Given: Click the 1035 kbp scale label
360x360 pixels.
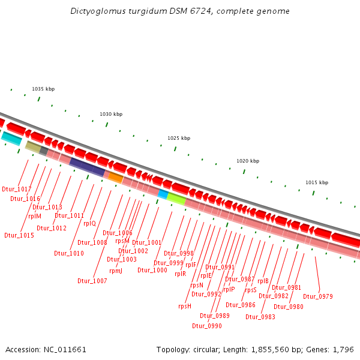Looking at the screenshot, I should pos(43,89).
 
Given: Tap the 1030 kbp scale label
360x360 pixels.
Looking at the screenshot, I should pos(111,114).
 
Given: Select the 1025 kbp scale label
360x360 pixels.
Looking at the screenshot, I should pos(179,138).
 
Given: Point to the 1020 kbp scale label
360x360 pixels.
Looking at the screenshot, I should pos(248,161).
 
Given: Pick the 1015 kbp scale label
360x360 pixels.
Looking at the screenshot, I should pos(317,182).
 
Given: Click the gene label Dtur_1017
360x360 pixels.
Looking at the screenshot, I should pos(17,189).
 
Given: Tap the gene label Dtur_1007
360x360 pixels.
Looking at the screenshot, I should pos(92,281).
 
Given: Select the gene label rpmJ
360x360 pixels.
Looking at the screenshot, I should pos(116,271).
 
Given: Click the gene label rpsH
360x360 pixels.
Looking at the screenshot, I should pos(185,306).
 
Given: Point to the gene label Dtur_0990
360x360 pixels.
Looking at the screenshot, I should pos(207,326).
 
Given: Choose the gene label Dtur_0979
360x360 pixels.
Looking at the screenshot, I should pos(318,296).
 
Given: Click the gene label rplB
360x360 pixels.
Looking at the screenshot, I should pos(263,281).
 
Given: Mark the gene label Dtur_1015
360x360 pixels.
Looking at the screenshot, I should pos(19,235).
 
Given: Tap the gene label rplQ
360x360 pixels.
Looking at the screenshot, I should pos(89,223).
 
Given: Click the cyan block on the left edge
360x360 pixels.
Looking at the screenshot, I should pos(11,139).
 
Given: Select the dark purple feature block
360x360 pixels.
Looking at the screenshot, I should pos(87,167).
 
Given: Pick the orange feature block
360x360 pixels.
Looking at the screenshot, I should pos(114,177).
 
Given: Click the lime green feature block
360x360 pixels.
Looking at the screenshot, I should pos(176,199).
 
